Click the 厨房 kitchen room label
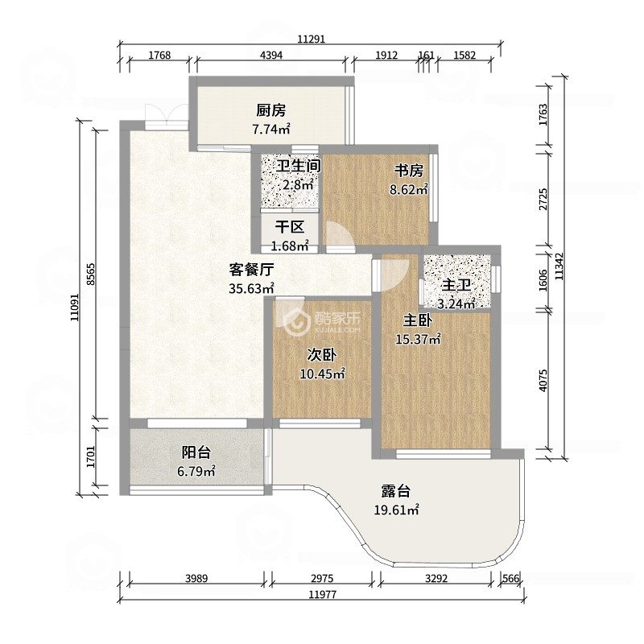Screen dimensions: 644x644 coord(271,110)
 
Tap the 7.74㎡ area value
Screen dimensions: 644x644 coord(271,130)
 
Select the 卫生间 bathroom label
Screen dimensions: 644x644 coord(298,166)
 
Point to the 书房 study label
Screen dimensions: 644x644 coord(409,170)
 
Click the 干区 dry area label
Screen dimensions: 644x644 coord(290,227)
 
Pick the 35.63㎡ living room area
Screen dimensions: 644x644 coord(251,288)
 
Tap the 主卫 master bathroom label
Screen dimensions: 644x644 coord(456,285)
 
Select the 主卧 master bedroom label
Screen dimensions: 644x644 coord(418,320)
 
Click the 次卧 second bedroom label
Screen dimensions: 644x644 coord(322,354)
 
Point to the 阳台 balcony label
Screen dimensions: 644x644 coord(196,452)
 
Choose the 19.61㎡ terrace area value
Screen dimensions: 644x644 coord(396,510)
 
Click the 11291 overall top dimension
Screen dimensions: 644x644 coord(312,39)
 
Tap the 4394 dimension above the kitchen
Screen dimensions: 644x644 coord(271,55)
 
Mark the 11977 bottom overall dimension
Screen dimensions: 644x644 coord(323,594)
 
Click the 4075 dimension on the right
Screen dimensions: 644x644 coord(543,380)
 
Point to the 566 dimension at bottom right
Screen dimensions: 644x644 coord(510,578)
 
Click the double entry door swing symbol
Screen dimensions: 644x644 coord(167,116)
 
